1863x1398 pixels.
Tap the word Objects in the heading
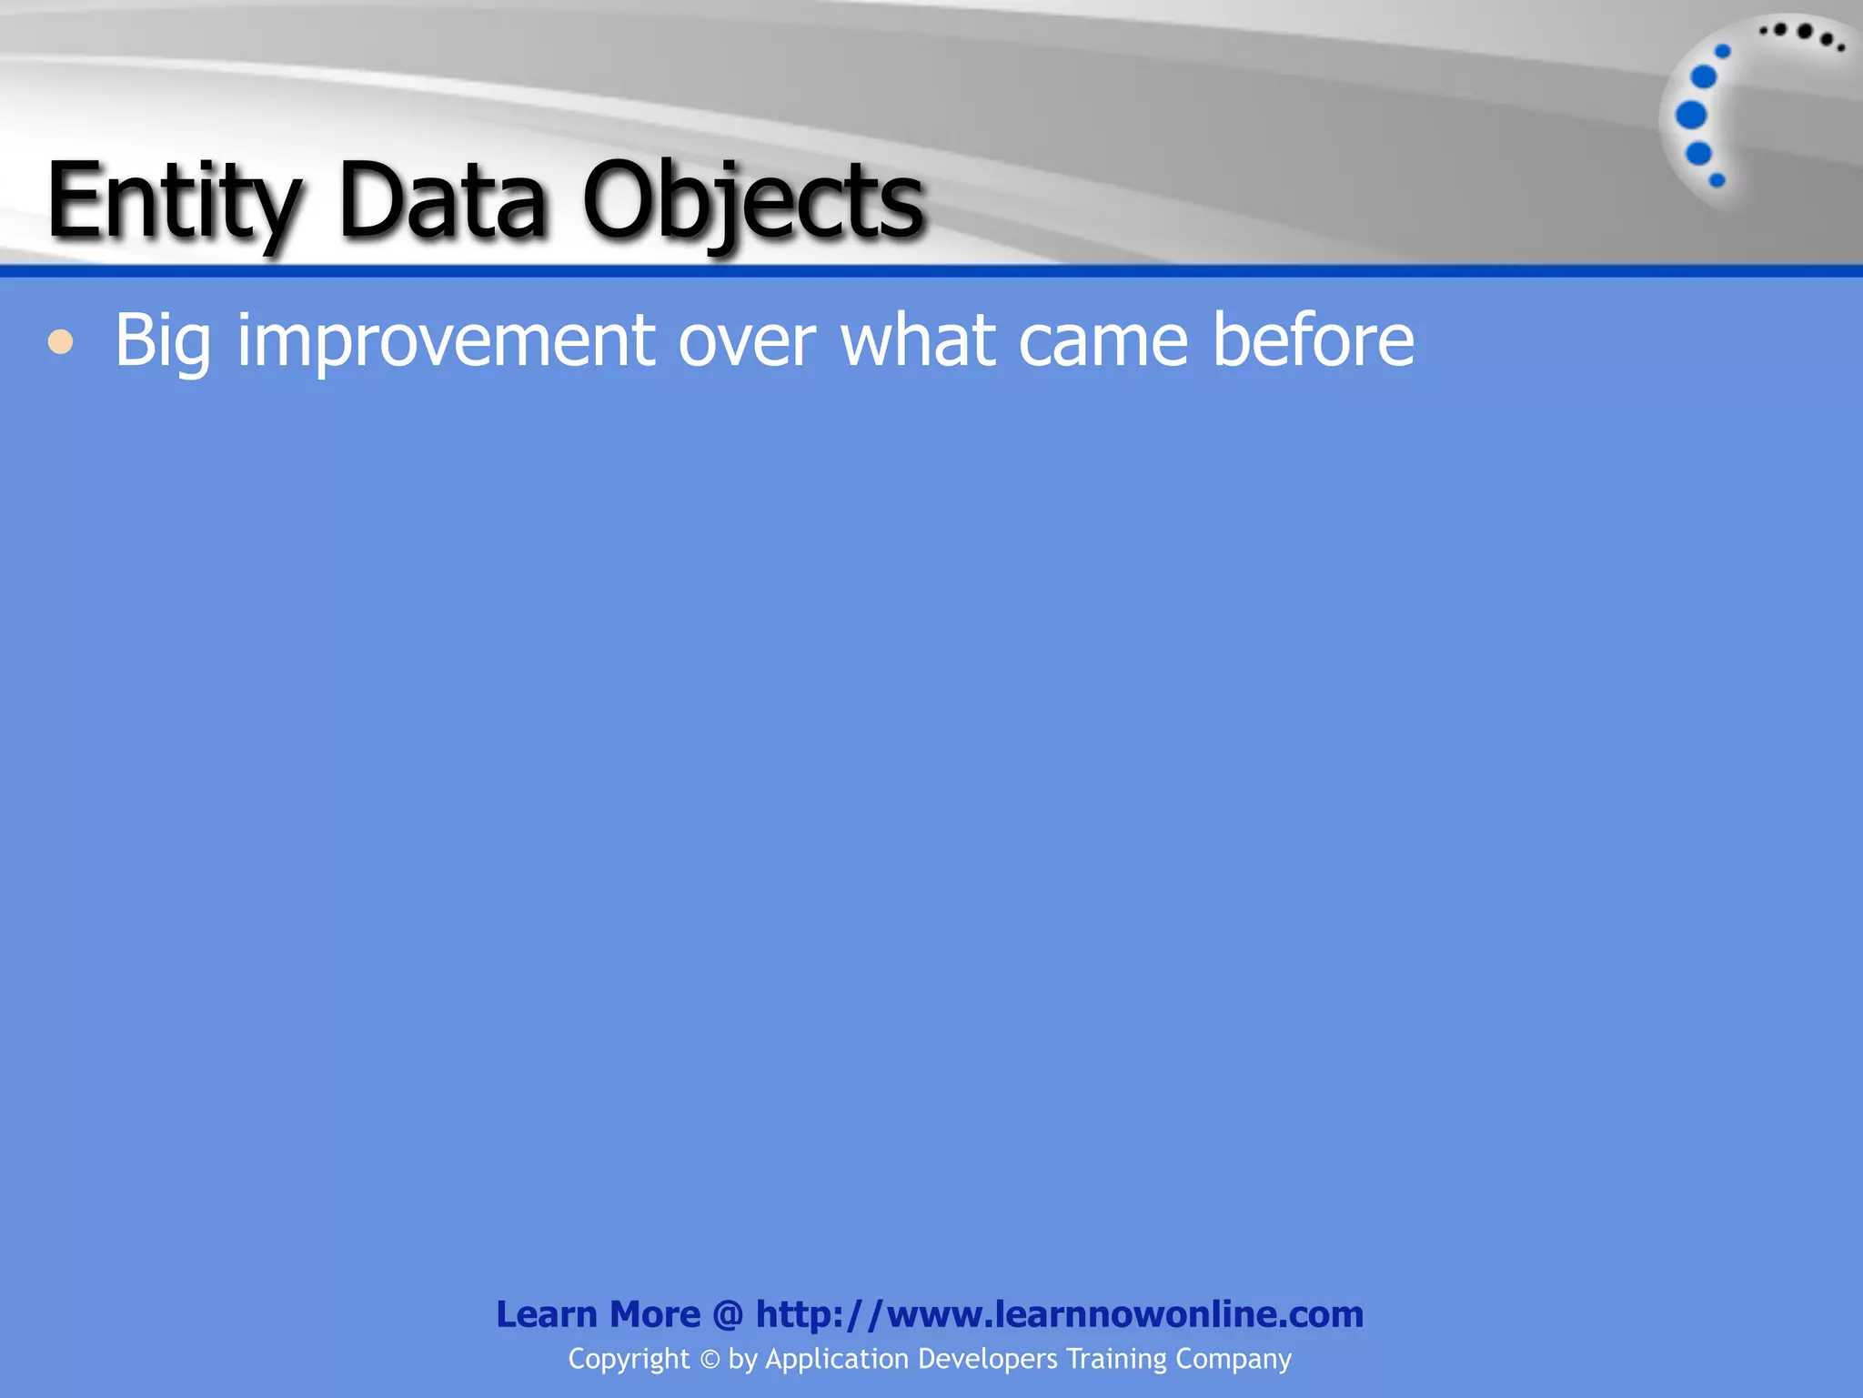[x=753, y=202]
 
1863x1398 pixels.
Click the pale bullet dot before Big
[x=61, y=342]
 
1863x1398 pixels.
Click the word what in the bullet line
[x=918, y=340]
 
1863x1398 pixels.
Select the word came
[x=1103, y=340]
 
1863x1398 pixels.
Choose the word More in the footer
[x=655, y=1314]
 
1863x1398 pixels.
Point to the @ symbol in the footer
[x=728, y=1315]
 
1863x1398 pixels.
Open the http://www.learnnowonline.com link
[x=1060, y=1314]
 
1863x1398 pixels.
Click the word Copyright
[x=629, y=1359]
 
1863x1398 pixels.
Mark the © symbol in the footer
[x=710, y=1360]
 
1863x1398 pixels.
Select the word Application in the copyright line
[x=837, y=1359]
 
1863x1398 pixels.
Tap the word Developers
[x=987, y=1359]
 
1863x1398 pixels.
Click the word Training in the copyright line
[x=1116, y=1359]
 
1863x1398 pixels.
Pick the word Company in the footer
[x=1234, y=1359]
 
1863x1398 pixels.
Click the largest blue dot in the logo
[x=1691, y=116]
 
